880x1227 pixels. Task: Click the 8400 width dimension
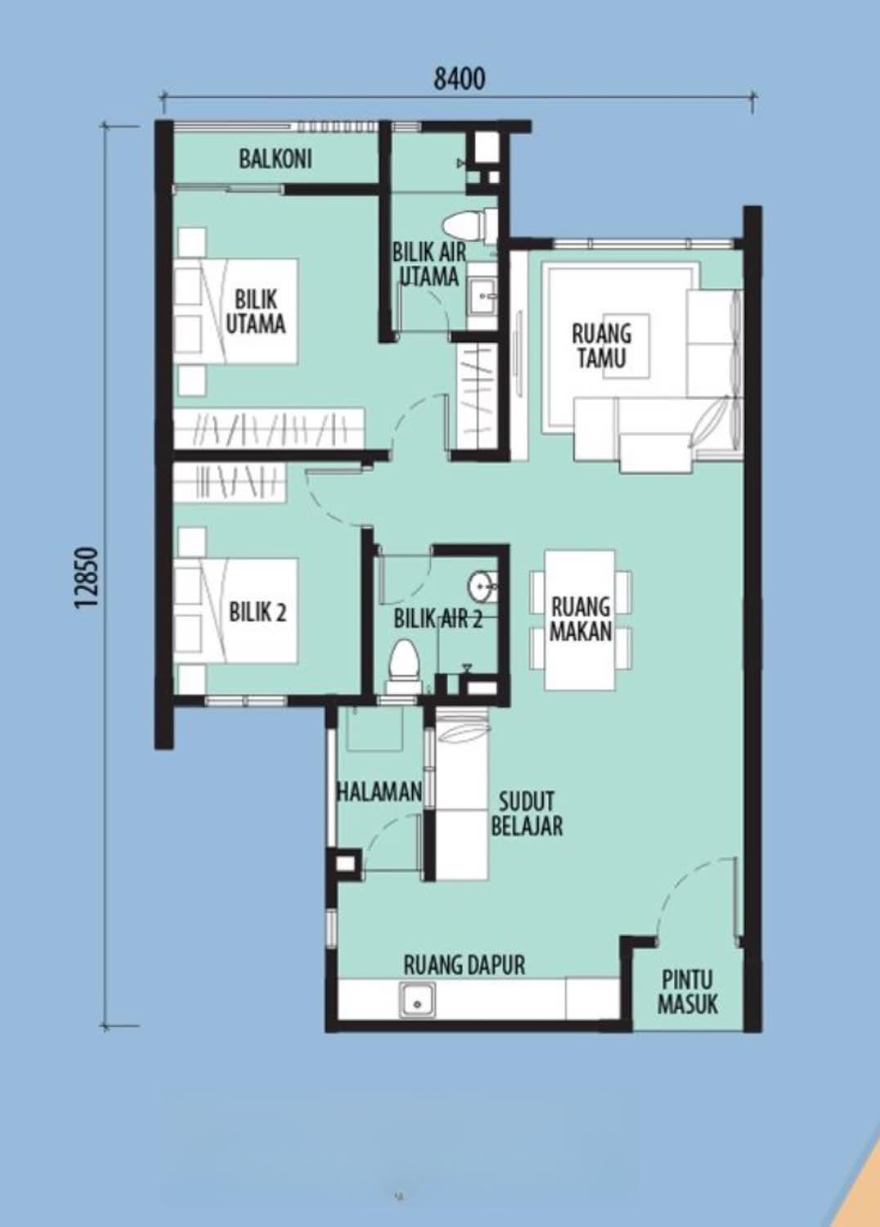tap(460, 79)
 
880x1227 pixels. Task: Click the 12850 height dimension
tap(88, 578)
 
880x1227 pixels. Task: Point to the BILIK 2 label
tap(258, 613)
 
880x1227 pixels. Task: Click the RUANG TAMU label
tap(601, 346)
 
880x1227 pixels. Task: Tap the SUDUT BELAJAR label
tap(527, 813)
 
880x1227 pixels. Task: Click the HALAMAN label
tap(379, 792)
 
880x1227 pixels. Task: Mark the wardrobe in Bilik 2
tap(231, 483)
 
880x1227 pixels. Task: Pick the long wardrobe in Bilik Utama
tap(269, 429)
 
